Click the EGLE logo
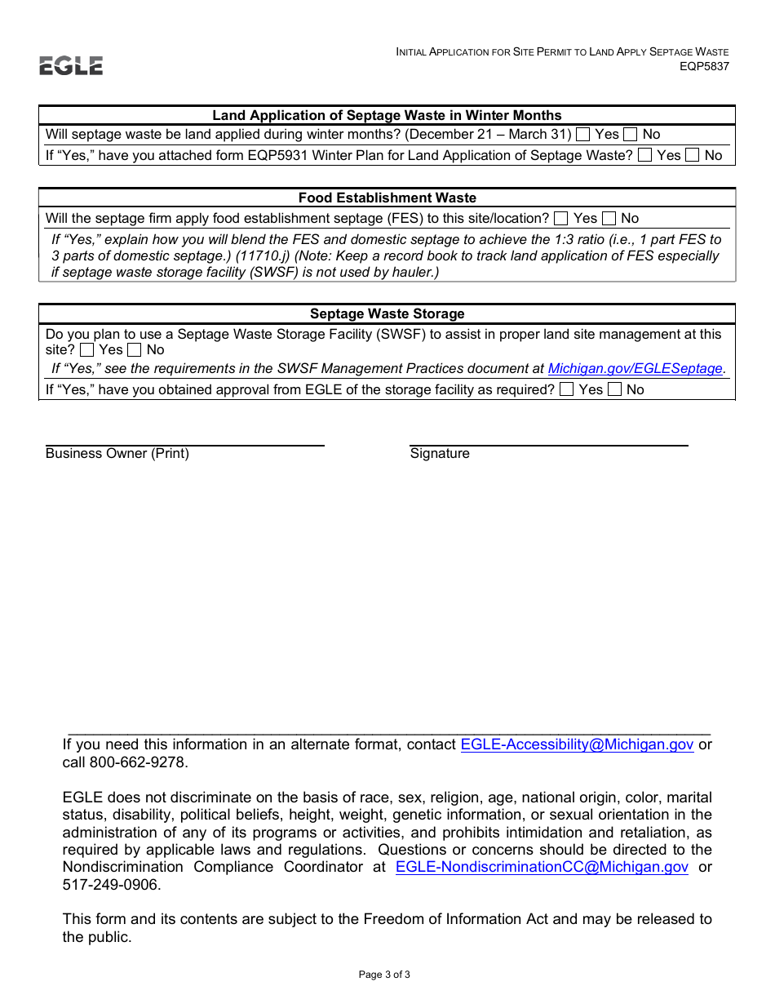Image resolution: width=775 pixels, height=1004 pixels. [x=71, y=66]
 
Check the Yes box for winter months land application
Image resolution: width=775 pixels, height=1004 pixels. [x=583, y=135]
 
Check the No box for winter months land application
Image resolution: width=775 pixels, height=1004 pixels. [x=631, y=135]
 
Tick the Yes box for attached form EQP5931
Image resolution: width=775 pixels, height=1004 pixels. [x=645, y=155]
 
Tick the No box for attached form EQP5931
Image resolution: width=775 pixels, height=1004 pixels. [x=693, y=155]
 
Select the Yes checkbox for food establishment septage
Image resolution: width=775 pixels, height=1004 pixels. [x=561, y=218]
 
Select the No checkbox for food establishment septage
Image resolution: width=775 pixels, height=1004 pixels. [x=609, y=218]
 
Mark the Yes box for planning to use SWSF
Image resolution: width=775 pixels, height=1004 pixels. [x=87, y=350]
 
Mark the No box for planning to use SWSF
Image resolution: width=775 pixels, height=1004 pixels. [x=135, y=350]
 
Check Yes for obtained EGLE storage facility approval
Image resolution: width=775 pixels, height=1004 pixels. [x=567, y=390]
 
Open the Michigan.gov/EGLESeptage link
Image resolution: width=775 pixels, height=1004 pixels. [x=635, y=369]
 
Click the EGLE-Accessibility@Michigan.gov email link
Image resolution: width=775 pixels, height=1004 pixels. [x=577, y=744]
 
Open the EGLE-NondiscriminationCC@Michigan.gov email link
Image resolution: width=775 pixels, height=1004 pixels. [x=542, y=867]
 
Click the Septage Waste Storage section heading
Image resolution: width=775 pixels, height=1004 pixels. [x=387, y=314]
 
